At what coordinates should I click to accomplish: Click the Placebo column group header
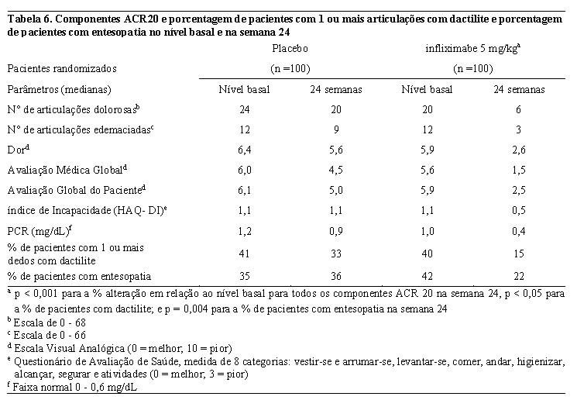point(290,49)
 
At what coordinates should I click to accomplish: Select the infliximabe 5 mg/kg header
point(473,49)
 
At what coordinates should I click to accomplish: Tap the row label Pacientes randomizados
point(62,68)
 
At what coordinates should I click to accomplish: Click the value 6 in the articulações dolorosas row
point(518,109)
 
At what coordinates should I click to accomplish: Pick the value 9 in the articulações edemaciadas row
point(336,129)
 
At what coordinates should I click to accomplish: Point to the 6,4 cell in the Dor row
point(244,150)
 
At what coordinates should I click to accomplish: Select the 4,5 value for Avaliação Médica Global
point(336,171)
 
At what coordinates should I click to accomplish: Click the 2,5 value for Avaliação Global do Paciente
point(518,191)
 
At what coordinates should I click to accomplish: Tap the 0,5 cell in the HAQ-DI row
point(518,211)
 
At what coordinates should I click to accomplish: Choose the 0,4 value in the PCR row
point(518,231)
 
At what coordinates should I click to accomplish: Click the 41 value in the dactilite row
point(244,253)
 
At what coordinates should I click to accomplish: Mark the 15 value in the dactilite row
point(518,253)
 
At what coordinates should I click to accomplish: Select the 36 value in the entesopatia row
point(336,276)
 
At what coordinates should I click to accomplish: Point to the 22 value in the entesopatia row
point(518,276)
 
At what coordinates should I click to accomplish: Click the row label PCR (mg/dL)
point(39,231)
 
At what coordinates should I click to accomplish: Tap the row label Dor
point(18,150)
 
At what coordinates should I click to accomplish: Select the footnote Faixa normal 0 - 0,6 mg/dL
point(72,387)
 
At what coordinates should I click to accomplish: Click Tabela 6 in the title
point(29,19)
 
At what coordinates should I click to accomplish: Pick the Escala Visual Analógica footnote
point(119,348)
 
